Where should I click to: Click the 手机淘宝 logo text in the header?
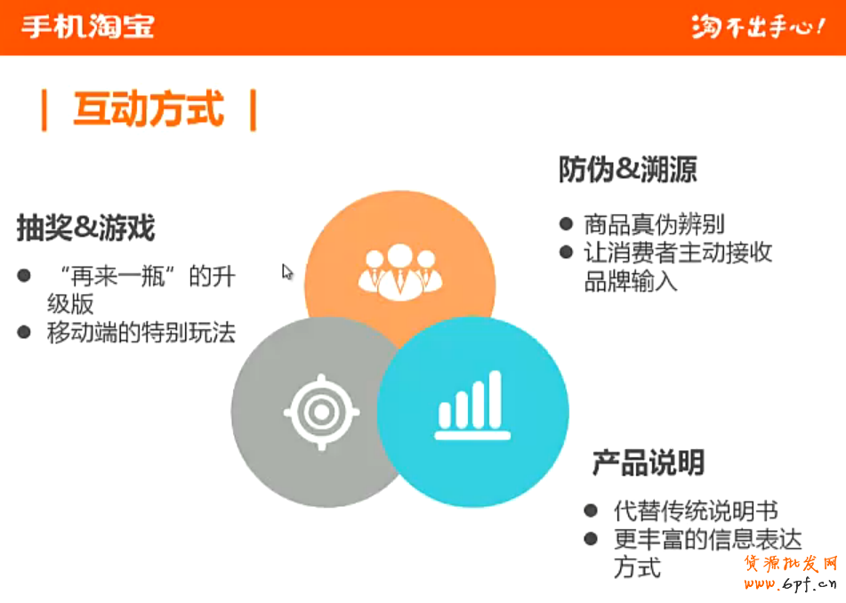pyautogui.click(x=88, y=26)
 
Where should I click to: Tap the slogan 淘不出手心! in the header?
pyautogui.click(x=759, y=27)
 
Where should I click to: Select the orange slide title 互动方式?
pyautogui.click(x=149, y=109)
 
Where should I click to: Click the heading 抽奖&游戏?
pyautogui.click(x=85, y=227)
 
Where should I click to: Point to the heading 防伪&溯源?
pyautogui.click(x=627, y=169)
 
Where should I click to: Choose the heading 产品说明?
pyautogui.click(x=649, y=462)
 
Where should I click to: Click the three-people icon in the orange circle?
pyautogui.click(x=399, y=272)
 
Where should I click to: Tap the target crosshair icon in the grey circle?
pyautogui.click(x=321, y=412)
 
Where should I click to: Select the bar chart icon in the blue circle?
pyautogui.click(x=472, y=405)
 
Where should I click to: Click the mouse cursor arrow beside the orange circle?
pyautogui.click(x=286, y=271)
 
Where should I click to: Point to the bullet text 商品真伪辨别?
pyautogui.click(x=654, y=224)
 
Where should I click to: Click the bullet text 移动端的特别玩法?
pyautogui.click(x=141, y=333)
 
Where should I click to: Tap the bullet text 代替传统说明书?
pyautogui.click(x=696, y=511)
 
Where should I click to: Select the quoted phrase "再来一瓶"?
pyautogui.click(x=117, y=277)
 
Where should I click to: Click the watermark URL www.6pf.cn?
pyautogui.click(x=791, y=583)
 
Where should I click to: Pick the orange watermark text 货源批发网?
pyautogui.click(x=791, y=564)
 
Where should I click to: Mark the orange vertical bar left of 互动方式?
pyautogui.click(x=44, y=110)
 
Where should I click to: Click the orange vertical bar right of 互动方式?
pyautogui.click(x=253, y=110)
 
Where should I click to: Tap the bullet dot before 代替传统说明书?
pyautogui.click(x=591, y=511)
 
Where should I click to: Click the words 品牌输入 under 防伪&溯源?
pyautogui.click(x=631, y=280)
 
